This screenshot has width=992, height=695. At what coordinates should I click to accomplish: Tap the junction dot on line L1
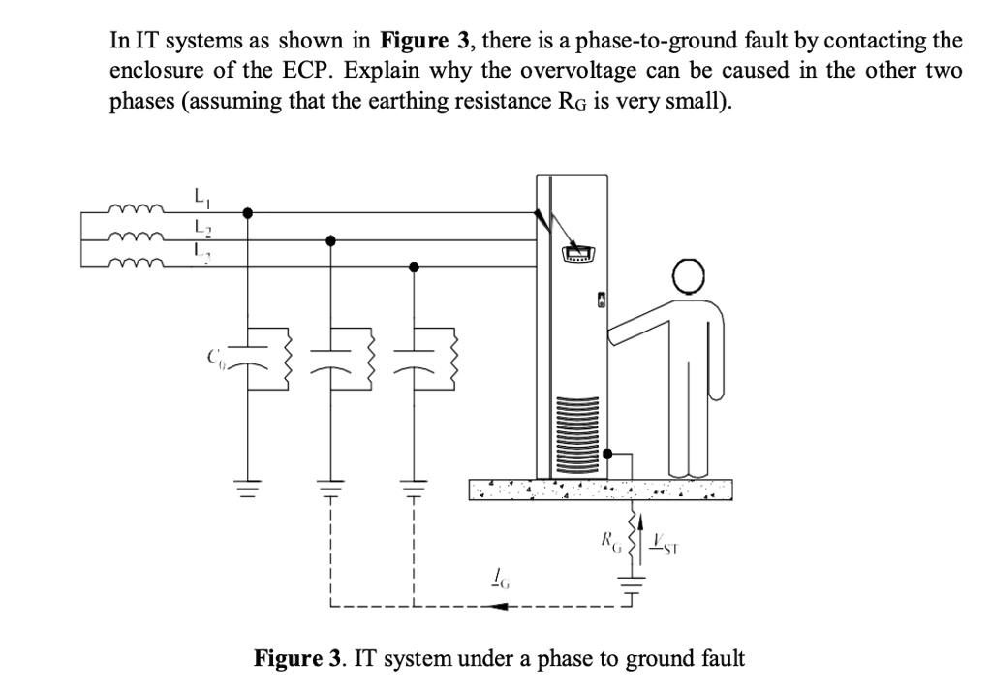(x=249, y=213)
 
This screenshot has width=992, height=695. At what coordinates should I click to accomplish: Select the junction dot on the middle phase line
(x=331, y=239)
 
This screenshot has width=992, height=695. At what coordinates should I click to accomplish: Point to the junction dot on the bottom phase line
(x=415, y=266)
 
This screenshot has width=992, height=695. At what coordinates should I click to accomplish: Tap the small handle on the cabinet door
(x=601, y=301)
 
